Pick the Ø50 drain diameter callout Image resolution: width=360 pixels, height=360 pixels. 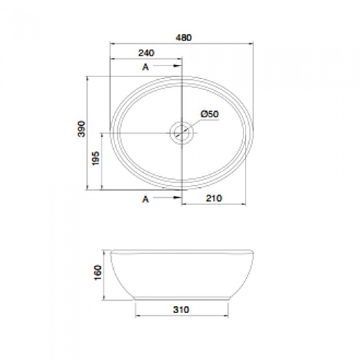[x=210, y=114]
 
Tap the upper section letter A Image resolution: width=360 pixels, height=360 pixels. [x=146, y=67]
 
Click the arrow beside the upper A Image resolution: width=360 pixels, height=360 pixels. [x=170, y=67]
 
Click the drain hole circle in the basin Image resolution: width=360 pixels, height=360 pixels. [x=182, y=133]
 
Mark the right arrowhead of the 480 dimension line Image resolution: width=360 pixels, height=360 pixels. [x=251, y=44]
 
